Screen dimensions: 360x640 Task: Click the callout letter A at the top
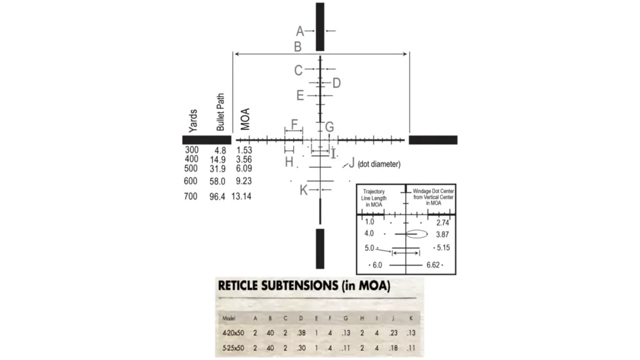pos(300,31)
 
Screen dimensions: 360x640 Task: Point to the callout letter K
pos(303,190)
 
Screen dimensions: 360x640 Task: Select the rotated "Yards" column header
pos(193,120)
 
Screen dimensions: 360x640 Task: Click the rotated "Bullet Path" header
pos(221,113)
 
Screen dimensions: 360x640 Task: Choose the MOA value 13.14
pos(241,196)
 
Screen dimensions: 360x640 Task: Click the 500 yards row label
pos(191,168)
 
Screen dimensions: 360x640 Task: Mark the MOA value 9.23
pos(243,181)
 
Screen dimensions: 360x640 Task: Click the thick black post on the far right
pos(433,139)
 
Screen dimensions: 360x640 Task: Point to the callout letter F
pos(294,124)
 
